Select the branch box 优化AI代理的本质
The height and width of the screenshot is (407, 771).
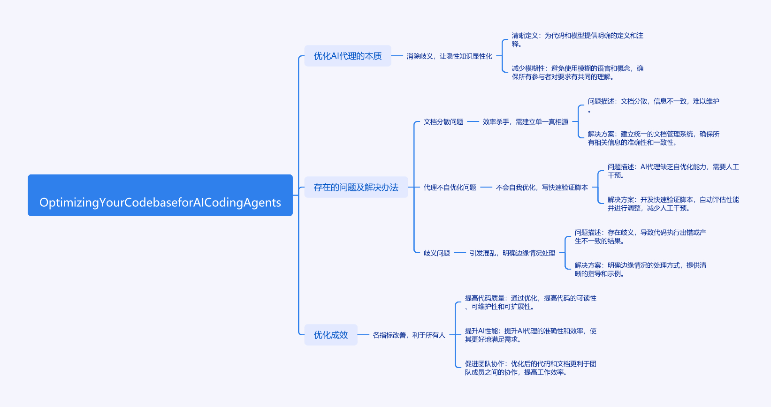[x=348, y=56]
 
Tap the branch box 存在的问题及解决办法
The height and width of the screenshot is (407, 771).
[x=356, y=188]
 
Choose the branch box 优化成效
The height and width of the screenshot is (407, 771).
[x=331, y=335]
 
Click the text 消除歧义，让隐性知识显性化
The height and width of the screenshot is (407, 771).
[x=449, y=56]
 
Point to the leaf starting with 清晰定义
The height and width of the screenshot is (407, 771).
[x=577, y=40]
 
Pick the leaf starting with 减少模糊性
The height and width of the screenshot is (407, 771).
[x=577, y=73]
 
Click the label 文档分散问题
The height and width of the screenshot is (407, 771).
[x=443, y=122]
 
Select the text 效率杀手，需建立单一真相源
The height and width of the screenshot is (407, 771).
[x=525, y=122]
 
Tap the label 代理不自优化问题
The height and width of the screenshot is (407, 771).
[x=450, y=188]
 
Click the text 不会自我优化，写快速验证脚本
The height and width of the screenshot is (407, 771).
[x=542, y=188]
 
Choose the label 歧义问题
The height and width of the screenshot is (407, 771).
[x=436, y=253]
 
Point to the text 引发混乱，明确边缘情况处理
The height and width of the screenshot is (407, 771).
[x=512, y=253]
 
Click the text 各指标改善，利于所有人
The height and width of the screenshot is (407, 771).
[x=409, y=335]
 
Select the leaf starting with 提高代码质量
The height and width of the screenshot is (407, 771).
[x=530, y=302]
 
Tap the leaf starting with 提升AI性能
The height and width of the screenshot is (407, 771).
[x=530, y=335]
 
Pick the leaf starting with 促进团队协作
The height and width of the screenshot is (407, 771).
[x=530, y=368]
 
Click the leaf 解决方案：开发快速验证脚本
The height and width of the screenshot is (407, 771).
[x=673, y=204]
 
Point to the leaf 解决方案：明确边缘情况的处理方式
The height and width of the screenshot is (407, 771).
[x=640, y=270]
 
